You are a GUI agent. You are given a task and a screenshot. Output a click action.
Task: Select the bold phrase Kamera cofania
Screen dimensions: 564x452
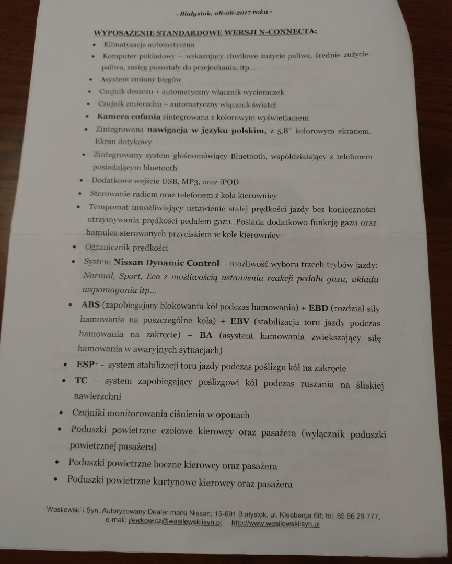click(129, 118)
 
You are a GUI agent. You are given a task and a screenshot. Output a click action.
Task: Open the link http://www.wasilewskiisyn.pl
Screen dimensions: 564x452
click(275, 523)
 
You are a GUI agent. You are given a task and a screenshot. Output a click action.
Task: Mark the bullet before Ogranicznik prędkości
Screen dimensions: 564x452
click(75, 246)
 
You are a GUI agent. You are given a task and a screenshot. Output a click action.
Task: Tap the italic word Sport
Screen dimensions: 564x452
click(130, 276)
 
